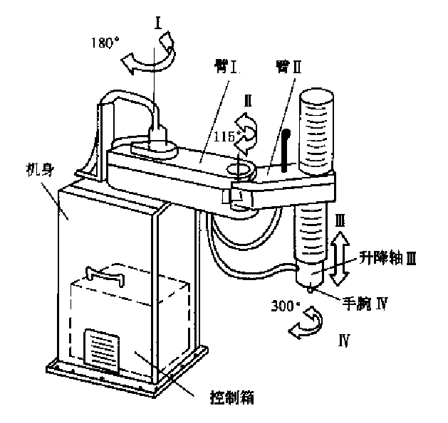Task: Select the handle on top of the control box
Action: coord(103,272)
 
